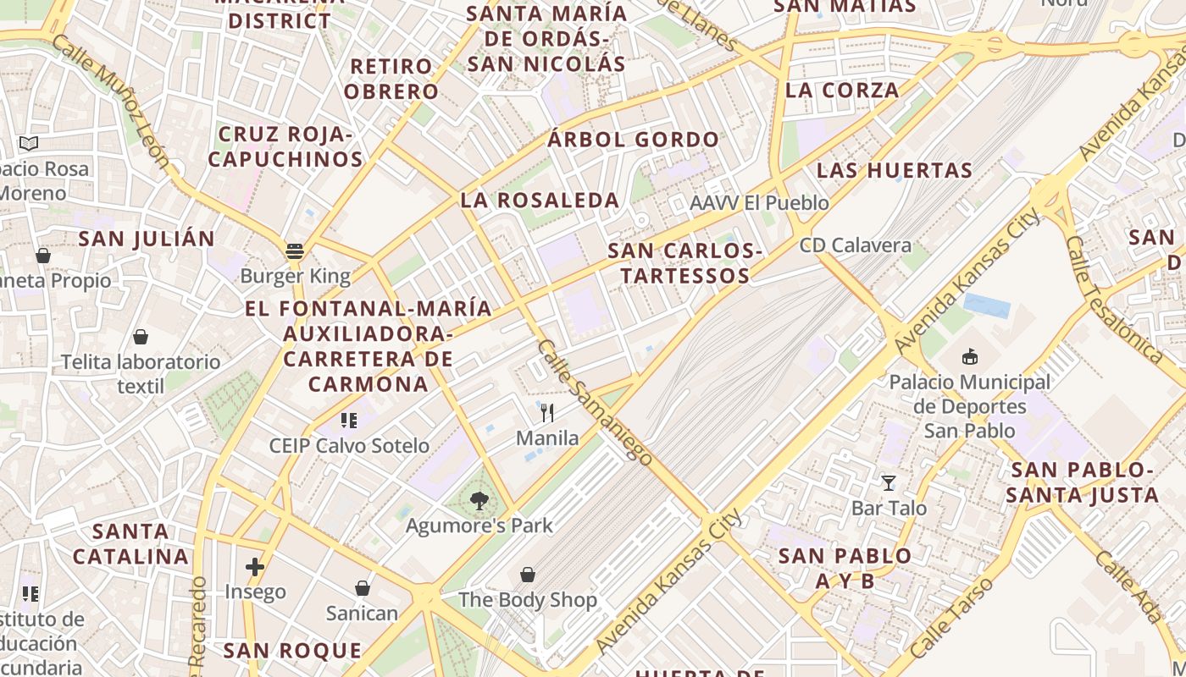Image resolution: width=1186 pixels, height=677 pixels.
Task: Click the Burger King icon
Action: point(295,250)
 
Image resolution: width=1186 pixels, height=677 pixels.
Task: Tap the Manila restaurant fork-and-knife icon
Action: point(547,413)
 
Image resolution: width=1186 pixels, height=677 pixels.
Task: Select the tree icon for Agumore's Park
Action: point(479,500)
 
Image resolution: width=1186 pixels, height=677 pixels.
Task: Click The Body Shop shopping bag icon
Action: point(528,575)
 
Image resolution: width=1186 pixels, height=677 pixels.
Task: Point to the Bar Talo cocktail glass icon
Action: point(889,483)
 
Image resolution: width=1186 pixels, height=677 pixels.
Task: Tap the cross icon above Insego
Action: point(255,567)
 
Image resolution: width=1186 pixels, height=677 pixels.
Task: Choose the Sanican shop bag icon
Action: point(363,588)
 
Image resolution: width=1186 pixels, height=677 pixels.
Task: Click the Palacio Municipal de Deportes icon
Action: point(970,357)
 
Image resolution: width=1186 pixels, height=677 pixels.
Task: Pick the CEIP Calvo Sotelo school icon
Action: point(349,421)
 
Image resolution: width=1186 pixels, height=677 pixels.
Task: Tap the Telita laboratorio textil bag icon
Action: point(141,337)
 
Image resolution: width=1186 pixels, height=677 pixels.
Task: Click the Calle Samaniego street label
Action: point(595,403)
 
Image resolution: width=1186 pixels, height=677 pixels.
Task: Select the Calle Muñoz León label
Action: point(111,101)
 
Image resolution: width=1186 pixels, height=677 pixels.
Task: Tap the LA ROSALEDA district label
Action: point(540,201)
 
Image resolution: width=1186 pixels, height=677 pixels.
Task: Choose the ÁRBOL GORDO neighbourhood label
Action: point(633,140)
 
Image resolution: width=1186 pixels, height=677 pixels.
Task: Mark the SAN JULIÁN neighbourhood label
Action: point(147,239)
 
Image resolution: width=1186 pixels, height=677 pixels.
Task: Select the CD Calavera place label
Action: point(856,245)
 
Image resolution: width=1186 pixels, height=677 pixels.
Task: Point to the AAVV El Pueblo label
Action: point(759,203)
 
